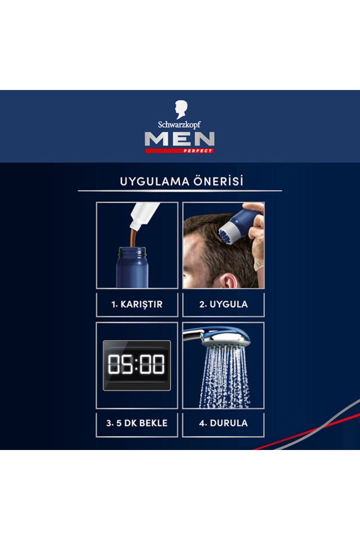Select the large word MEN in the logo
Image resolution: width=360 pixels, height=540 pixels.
click(179, 139)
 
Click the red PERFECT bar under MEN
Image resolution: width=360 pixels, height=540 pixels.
click(179, 150)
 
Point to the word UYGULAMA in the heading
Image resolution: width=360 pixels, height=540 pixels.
click(151, 182)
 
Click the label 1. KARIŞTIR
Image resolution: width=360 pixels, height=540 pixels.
click(137, 304)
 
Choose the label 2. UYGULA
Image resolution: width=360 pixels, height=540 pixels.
click(223, 304)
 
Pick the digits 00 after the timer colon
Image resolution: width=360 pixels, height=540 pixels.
click(152, 365)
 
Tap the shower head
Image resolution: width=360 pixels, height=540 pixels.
click(219, 337)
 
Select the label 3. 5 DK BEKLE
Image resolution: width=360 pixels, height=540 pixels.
click(137, 423)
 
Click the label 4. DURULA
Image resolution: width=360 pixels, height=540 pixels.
click(223, 423)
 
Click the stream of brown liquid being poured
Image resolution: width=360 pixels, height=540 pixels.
click(133, 237)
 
